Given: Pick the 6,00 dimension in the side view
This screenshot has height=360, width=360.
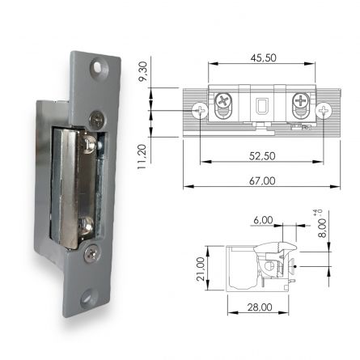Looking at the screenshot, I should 263,219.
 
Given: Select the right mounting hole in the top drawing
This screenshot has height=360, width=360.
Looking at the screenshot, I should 324,109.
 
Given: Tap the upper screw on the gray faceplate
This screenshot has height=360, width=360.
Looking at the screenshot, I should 97,119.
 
